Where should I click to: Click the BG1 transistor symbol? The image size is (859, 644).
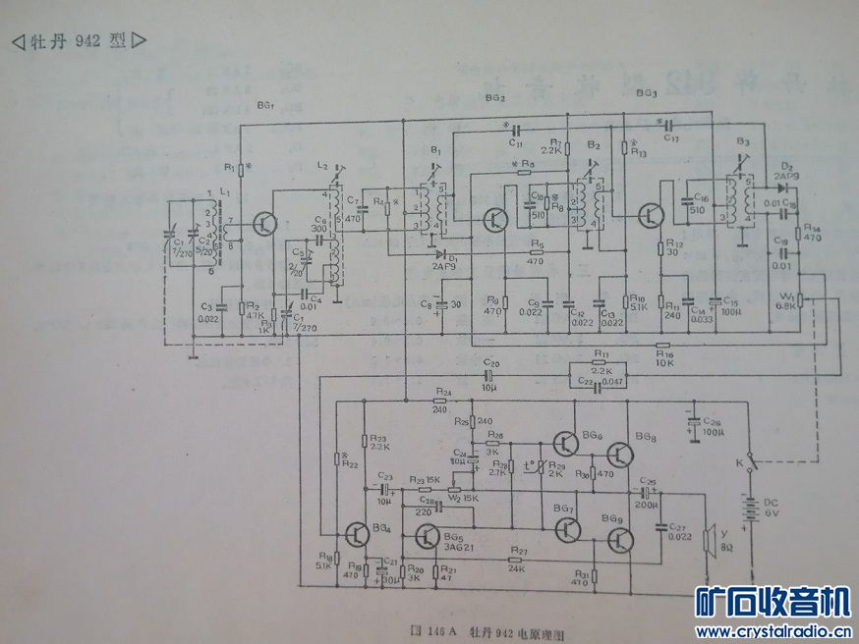[x=263, y=223]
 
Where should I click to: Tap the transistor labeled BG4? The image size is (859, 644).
[x=356, y=534]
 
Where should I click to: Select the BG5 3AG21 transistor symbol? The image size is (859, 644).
[x=426, y=536]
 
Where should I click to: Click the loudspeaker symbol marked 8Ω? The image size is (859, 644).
[x=708, y=541]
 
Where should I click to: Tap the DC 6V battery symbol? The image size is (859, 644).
[x=754, y=510]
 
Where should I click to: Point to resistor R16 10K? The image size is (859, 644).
[x=663, y=346]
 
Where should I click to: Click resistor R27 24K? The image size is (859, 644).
[x=515, y=549]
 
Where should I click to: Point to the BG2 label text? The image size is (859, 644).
[x=494, y=98]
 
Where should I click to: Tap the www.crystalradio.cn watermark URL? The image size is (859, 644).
[x=773, y=631]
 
